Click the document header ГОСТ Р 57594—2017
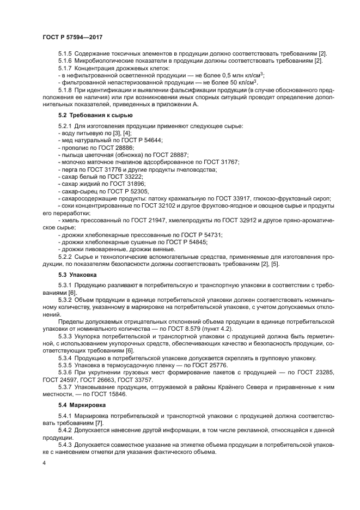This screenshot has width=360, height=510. point(72,37)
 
